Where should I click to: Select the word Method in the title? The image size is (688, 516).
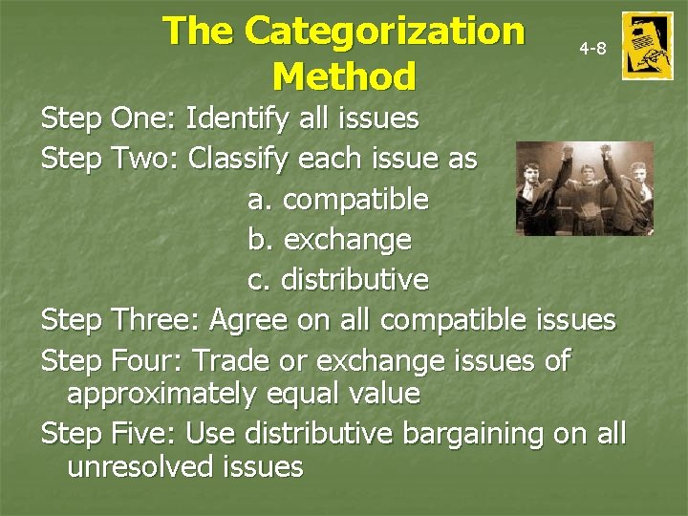[x=344, y=75]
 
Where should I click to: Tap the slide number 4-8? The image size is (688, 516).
[x=592, y=48]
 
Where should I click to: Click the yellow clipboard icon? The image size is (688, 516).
[x=647, y=46]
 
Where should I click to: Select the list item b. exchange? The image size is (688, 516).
[x=330, y=239]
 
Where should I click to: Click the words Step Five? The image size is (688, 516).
[x=109, y=433]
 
